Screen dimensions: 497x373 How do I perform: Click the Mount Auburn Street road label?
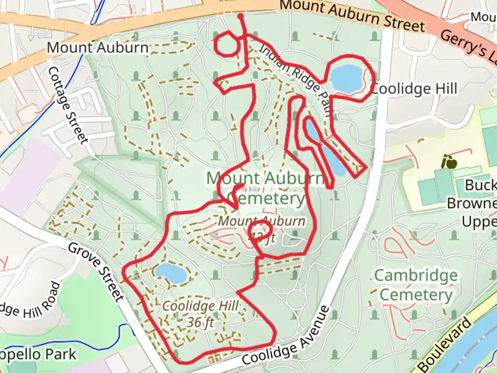(352, 16)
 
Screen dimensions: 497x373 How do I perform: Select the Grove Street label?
(96, 272)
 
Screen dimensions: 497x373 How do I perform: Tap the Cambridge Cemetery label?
(416, 285)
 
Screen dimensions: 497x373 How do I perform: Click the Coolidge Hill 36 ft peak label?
(201, 314)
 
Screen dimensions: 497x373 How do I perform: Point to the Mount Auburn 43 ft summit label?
(262, 229)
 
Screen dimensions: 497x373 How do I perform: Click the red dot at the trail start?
(241, 16)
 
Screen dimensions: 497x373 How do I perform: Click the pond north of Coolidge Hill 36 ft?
(170, 272)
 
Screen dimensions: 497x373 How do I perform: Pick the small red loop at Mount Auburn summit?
(261, 231)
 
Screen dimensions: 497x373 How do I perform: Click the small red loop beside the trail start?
(226, 44)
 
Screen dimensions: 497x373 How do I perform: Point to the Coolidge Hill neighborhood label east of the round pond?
(414, 89)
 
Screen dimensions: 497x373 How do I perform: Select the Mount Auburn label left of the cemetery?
(97, 48)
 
